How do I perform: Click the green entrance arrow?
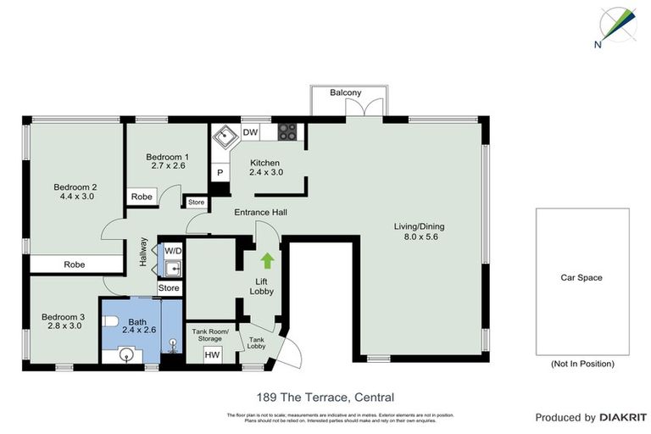[x=269, y=259]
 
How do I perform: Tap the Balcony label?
[x=346, y=92]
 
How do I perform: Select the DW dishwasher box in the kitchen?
[x=250, y=132]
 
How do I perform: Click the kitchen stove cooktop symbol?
[x=287, y=132]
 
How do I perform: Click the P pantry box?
[x=220, y=172]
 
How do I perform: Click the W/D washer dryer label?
[x=173, y=251]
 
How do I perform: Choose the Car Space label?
[x=581, y=277]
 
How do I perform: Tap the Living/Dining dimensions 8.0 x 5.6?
[x=419, y=237]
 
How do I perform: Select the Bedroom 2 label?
[x=75, y=187]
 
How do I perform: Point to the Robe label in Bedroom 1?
[x=142, y=197]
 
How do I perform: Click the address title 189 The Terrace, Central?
[x=325, y=397]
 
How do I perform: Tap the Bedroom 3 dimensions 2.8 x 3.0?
[x=64, y=325]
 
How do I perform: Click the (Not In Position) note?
[x=581, y=364]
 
